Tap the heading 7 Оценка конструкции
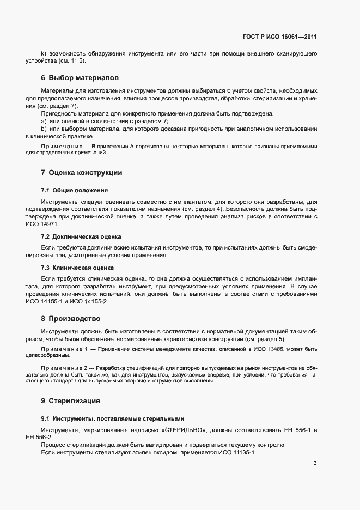coord(81,173)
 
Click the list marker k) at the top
coord(44,53)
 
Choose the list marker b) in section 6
coord(44,128)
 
